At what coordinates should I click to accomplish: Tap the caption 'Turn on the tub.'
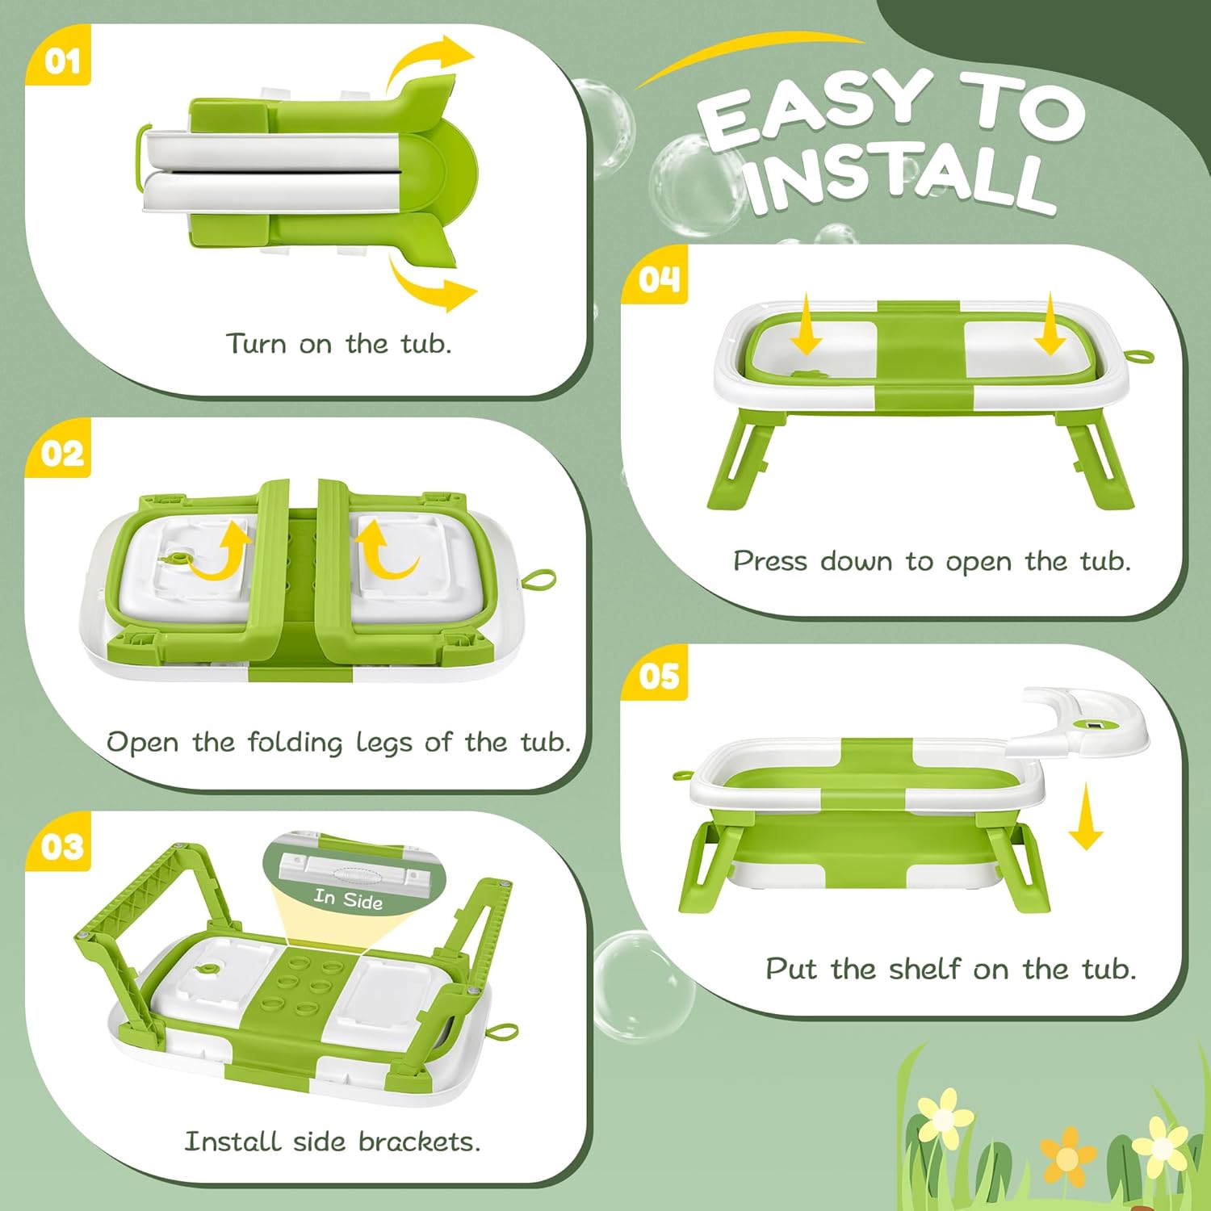[x=338, y=344]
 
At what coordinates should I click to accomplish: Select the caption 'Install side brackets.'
[x=333, y=1142]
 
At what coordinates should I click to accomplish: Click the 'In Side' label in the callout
[x=348, y=898]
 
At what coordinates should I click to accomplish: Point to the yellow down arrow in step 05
[x=1086, y=817]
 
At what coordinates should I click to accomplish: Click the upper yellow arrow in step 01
[x=428, y=65]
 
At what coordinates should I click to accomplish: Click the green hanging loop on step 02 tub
[x=538, y=579]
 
